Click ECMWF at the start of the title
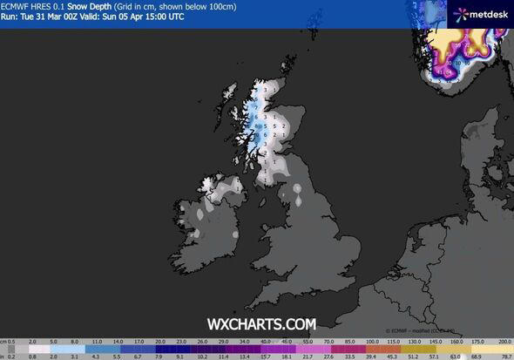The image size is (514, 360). (x=17, y=8)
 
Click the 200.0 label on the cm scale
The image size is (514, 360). (x=503, y=342)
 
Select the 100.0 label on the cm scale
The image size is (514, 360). (x=371, y=342)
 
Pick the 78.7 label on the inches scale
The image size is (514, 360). (x=503, y=355)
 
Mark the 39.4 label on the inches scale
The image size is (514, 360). (x=371, y=355)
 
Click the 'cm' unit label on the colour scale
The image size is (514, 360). (x=4, y=342)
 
